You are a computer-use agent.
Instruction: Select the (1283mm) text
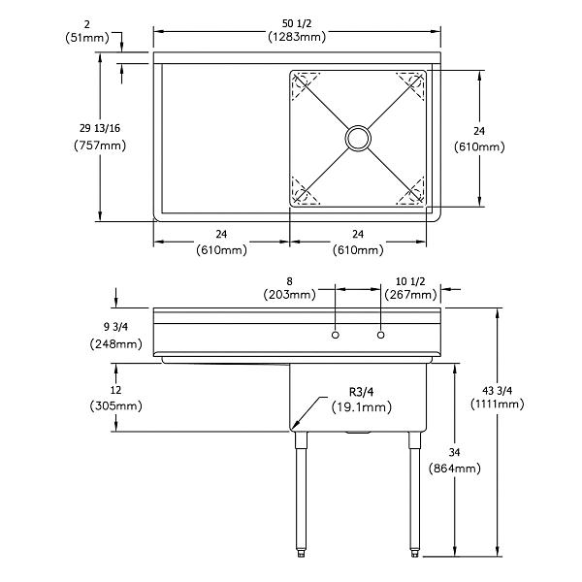tap(296, 37)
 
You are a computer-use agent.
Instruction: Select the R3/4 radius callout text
tap(363, 392)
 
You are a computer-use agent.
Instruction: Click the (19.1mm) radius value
tap(363, 408)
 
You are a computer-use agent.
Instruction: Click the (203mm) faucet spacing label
tap(289, 294)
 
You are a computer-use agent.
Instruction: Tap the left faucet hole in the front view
tap(335, 335)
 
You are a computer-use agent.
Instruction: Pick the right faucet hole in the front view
tap(380, 335)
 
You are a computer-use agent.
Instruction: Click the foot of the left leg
tap(302, 554)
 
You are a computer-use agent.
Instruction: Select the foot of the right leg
tap(415, 554)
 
